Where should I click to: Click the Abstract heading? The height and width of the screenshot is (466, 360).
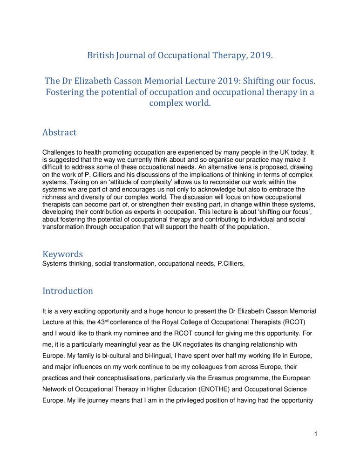coord(60,132)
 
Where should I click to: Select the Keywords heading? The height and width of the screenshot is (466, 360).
coord(63,254)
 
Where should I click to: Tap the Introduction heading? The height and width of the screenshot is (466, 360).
coord(68,291)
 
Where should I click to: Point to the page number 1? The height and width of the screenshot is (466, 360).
coord(316,434)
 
